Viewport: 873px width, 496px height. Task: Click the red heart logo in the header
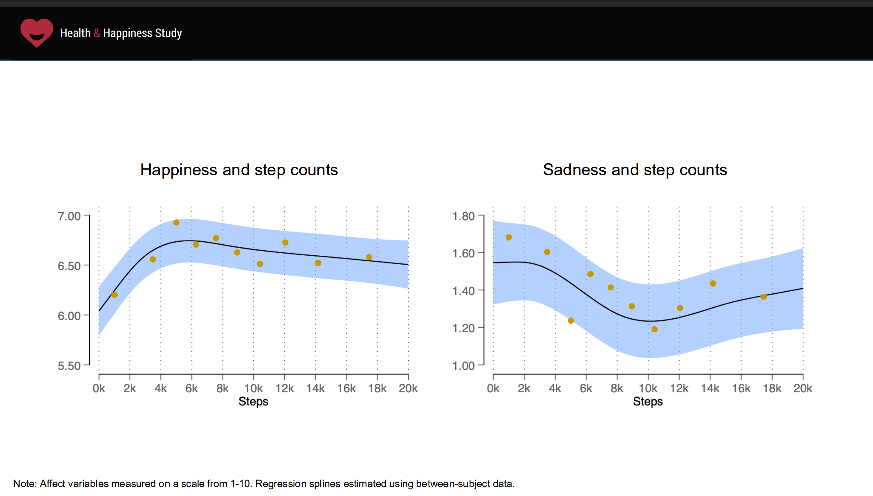pos(37,33)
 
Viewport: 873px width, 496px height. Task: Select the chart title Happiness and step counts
pos(239,170)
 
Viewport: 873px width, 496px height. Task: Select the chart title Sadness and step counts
pos(635,170)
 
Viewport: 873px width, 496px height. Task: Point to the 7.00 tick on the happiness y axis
pos(69,216)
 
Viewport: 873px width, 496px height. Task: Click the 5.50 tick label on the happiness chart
pos(69,366)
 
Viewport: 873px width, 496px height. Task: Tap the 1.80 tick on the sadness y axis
pos(463,216)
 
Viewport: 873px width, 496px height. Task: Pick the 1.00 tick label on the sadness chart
pos(463,366)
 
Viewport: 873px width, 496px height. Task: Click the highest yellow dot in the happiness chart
pos(176,222)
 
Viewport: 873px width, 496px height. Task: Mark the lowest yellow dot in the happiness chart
pos(114,295)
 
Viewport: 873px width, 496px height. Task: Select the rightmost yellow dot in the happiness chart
pos(369,257)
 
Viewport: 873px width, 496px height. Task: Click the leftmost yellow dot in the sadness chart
pos(509,238)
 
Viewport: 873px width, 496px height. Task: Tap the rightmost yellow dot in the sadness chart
pos(763,297)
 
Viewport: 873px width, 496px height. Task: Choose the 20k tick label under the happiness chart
pos(408,389)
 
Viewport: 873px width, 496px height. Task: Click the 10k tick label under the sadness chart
pos(648,389)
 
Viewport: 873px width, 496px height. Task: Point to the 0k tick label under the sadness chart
pos(493,389)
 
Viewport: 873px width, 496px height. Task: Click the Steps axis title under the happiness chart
pos(253,402)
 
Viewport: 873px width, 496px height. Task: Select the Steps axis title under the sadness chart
pos(648,402)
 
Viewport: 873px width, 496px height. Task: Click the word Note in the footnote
pos(24,484)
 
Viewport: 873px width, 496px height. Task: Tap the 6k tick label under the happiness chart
pos(191,389)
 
